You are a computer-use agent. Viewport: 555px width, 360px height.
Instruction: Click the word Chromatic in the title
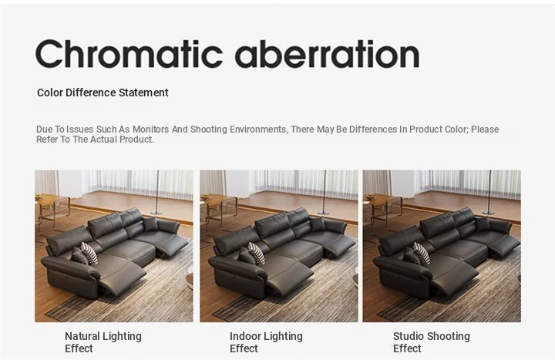coord(129,54)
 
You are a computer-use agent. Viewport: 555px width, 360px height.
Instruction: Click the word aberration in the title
coord(328,54)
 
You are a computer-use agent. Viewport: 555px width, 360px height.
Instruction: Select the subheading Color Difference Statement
coord(103,93)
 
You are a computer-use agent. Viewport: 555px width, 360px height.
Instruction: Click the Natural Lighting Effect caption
coord(103,342)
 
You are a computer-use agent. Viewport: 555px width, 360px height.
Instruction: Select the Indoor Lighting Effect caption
coord(266,342)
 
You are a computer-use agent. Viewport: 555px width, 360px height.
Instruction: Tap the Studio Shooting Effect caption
coord(432,342)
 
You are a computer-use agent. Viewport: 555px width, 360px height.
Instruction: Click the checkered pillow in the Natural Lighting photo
coord(89,254)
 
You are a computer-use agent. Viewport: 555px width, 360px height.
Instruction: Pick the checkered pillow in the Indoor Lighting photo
coord(256,254)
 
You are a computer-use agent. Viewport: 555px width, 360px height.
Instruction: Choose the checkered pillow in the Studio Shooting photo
coord(422,254)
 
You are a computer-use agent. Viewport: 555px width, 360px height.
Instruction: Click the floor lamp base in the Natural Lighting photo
coord(156,213)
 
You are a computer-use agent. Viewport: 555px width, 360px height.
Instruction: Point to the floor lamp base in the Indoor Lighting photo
coord(324,213)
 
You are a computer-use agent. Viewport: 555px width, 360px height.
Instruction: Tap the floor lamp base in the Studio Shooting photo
coord(489,213)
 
